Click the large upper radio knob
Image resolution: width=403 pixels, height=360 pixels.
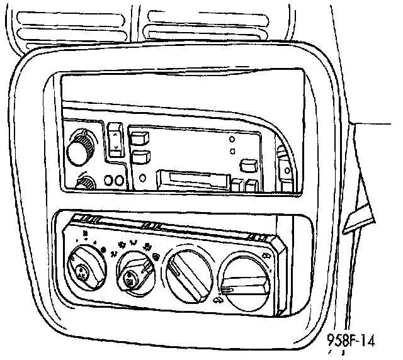80,145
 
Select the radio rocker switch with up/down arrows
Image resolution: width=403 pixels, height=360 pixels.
114,141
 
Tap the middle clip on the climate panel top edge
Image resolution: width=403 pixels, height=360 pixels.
151,225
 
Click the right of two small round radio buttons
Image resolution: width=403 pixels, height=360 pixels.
118,181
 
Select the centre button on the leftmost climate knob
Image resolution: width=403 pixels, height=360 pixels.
81,271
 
